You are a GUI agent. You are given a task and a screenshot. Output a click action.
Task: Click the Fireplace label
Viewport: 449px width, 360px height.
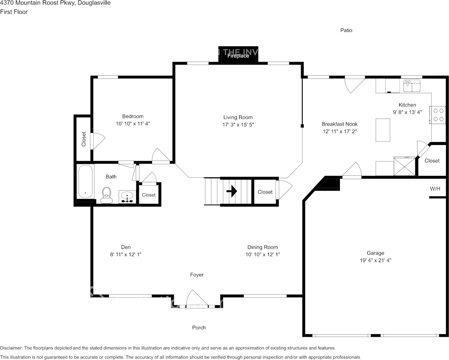(238, 56)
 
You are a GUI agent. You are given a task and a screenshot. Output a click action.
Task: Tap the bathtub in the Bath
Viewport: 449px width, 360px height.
(85, 182)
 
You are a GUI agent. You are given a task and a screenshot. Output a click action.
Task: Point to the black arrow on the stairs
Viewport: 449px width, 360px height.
(232, 191)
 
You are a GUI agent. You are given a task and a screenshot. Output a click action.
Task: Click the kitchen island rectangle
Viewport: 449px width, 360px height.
(383, 130)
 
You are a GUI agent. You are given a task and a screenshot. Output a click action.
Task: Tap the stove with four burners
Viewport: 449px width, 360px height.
(438, 115)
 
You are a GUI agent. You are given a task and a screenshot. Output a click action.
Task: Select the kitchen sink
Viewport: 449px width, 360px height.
(411, 86)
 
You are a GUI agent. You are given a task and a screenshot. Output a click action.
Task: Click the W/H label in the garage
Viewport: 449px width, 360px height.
(435, 188)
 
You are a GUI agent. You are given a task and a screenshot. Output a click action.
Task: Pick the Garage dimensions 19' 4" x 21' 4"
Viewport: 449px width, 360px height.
(375, 261)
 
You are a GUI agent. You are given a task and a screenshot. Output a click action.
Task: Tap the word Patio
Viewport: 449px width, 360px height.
(346, 30)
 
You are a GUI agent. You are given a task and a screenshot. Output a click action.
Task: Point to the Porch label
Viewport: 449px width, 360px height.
(199, 327)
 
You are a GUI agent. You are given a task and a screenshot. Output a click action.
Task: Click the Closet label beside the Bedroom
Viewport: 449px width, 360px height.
(84, 139)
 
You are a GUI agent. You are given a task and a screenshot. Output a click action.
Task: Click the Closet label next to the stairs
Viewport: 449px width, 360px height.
(265, 192)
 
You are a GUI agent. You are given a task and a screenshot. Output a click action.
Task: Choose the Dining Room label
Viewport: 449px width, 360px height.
(262, 247)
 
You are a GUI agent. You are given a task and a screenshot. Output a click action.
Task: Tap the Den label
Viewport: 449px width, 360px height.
(125, 247)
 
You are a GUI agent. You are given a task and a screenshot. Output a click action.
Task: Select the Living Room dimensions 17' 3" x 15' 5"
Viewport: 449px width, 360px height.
(238, 125)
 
